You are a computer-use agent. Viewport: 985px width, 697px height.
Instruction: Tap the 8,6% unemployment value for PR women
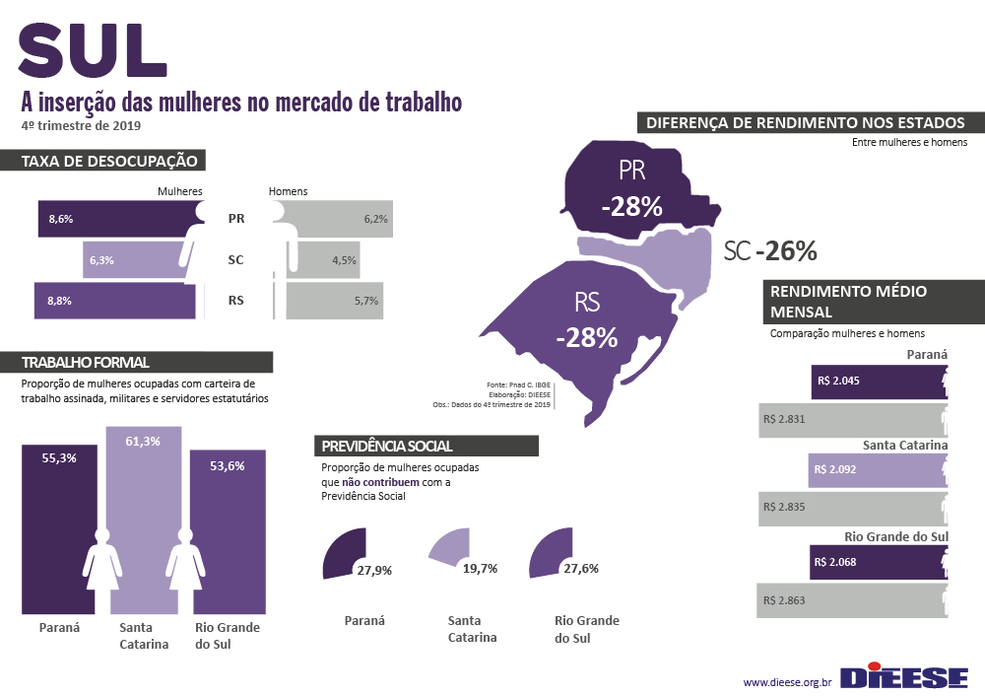coord(60,219)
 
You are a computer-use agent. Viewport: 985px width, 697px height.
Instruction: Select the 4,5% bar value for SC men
coord(344,260)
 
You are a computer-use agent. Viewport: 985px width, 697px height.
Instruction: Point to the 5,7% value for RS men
coord(366,301)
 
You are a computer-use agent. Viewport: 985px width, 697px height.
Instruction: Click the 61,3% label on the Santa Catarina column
coord(143,441)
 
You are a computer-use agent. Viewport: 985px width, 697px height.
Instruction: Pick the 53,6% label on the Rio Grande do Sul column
coord(228,465)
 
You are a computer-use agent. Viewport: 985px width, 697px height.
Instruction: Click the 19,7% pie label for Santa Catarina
coord(480,569)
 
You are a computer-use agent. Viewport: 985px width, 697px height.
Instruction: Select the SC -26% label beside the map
coord(770,251)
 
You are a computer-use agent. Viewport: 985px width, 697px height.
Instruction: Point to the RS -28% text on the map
coord(586,319)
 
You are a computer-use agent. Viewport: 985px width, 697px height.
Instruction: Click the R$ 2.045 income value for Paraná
coord(845,380)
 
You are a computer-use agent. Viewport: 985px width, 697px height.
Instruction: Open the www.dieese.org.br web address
coord(788,681)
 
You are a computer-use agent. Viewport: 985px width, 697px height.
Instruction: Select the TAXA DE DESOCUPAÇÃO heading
coord(109,161)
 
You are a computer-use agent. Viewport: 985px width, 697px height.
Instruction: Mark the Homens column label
coord(288,191)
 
